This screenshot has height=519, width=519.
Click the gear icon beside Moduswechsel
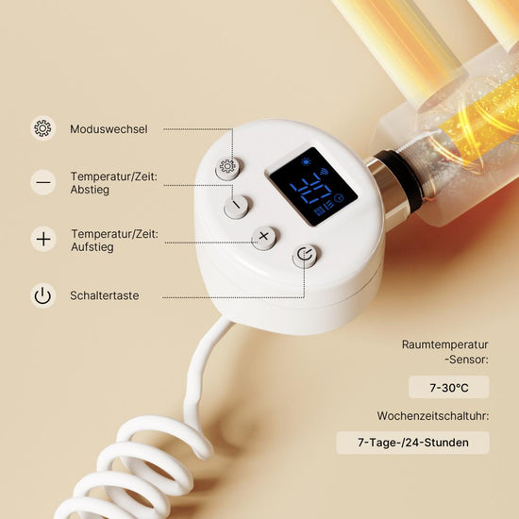(x=42, y=128)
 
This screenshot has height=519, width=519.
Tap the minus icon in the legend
(x=43, y=182)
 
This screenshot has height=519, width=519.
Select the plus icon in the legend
(x=43, y=239)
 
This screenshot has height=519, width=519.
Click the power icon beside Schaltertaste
(x=43, y=295)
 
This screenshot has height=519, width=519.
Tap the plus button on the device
(x=264, y=238)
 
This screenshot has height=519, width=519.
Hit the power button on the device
(x=305, y=256)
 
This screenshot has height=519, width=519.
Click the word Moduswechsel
(x=109, y=129)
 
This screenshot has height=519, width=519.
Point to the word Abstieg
(x=90, y=190)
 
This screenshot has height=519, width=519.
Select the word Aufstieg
(x=92, y=247)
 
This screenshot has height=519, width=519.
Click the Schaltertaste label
(x=104, y=295)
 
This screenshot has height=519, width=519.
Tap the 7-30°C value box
(x=449, y=387)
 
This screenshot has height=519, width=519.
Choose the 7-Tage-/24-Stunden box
(x=412, y=443)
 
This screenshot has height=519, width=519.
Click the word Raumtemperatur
(x=445, y=344)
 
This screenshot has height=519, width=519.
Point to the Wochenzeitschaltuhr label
(x=433, y=416)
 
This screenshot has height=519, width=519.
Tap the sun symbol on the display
(x=306, y=162)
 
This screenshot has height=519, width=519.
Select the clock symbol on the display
(x=339, y=198)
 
